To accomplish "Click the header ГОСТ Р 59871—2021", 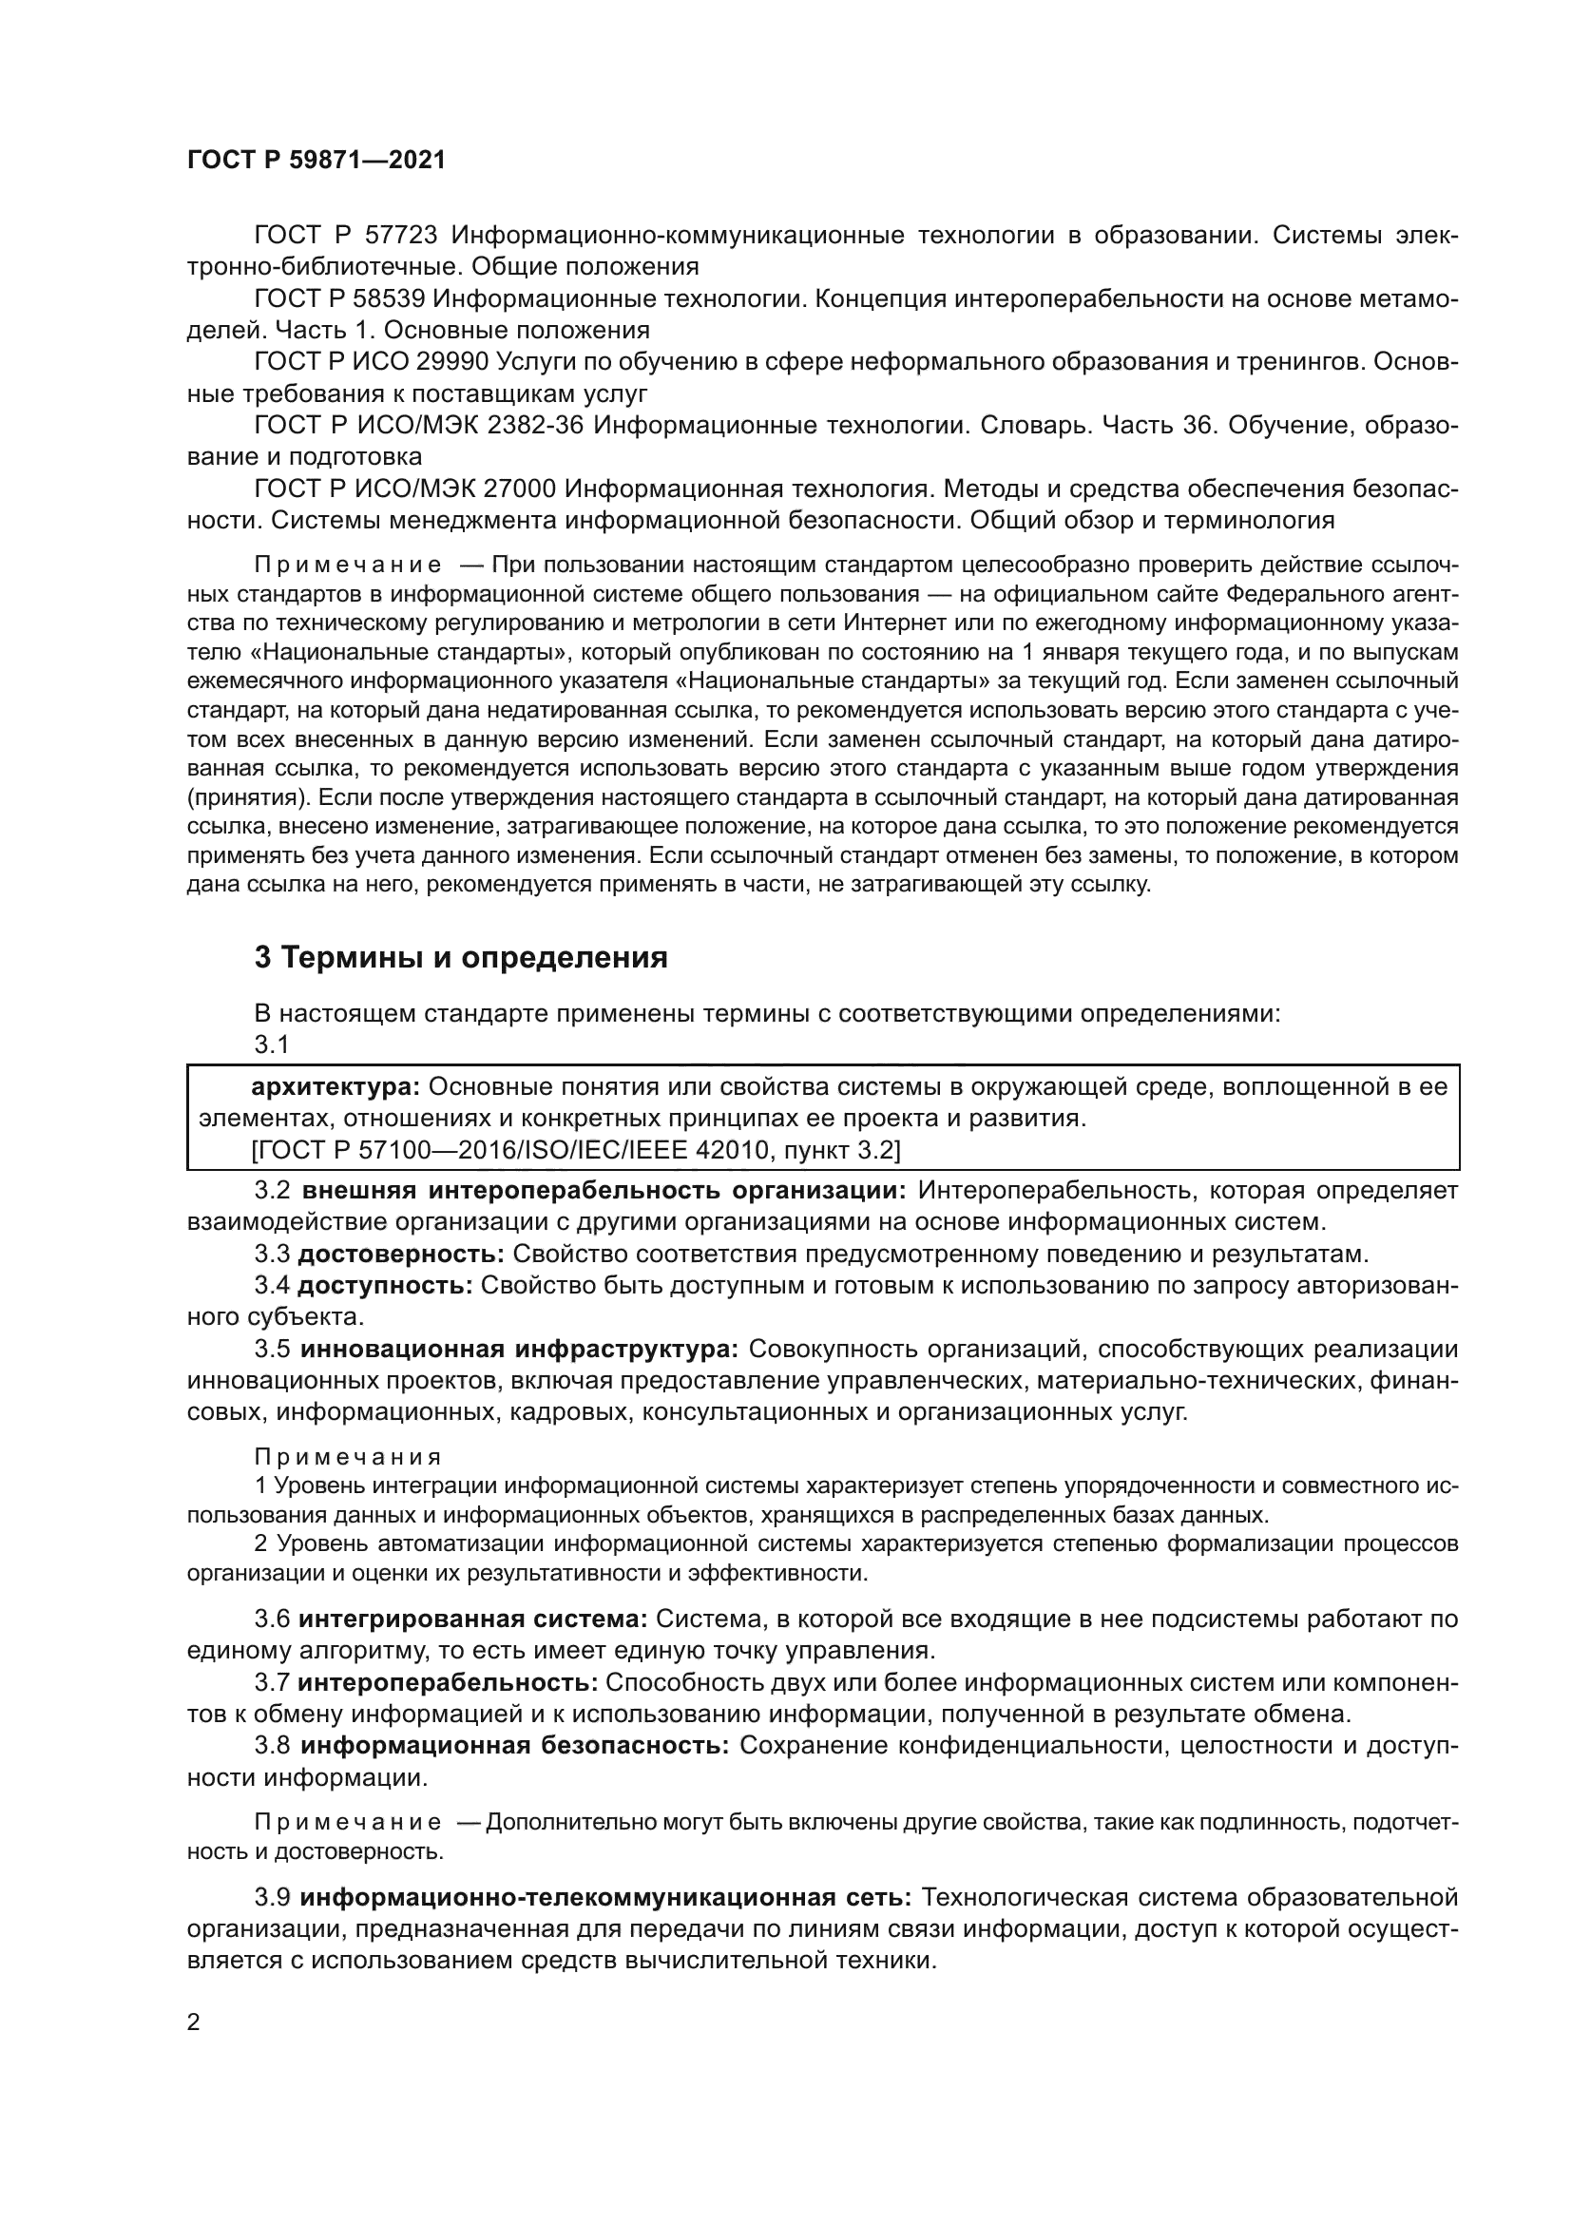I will pyautogui.click(x=316, y=161).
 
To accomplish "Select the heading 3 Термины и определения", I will pyautogui.click(x=461, y=958).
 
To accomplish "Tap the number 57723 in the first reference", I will pyautogui.click(x=402, y=236).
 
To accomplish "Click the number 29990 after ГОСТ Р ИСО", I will pyautogui.click(x=452, y=362).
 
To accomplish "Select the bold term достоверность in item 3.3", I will pyautogui.click(x=401, y=1255).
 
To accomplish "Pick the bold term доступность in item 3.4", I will pyautogui.click(x=384, y=1287).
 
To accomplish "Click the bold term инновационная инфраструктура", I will pyautogui.click(x=519, y=1350).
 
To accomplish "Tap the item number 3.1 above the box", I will pyautogui.click(x=272, y=1045).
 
